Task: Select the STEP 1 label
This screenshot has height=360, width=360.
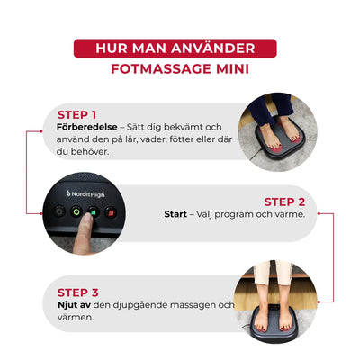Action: click(76, 114)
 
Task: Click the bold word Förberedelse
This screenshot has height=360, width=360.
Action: click(87, 127)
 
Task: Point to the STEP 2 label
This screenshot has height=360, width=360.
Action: click(283, 202)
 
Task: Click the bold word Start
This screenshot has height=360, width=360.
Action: click(175, 215)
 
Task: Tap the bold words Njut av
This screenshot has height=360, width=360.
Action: click(75, 304)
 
